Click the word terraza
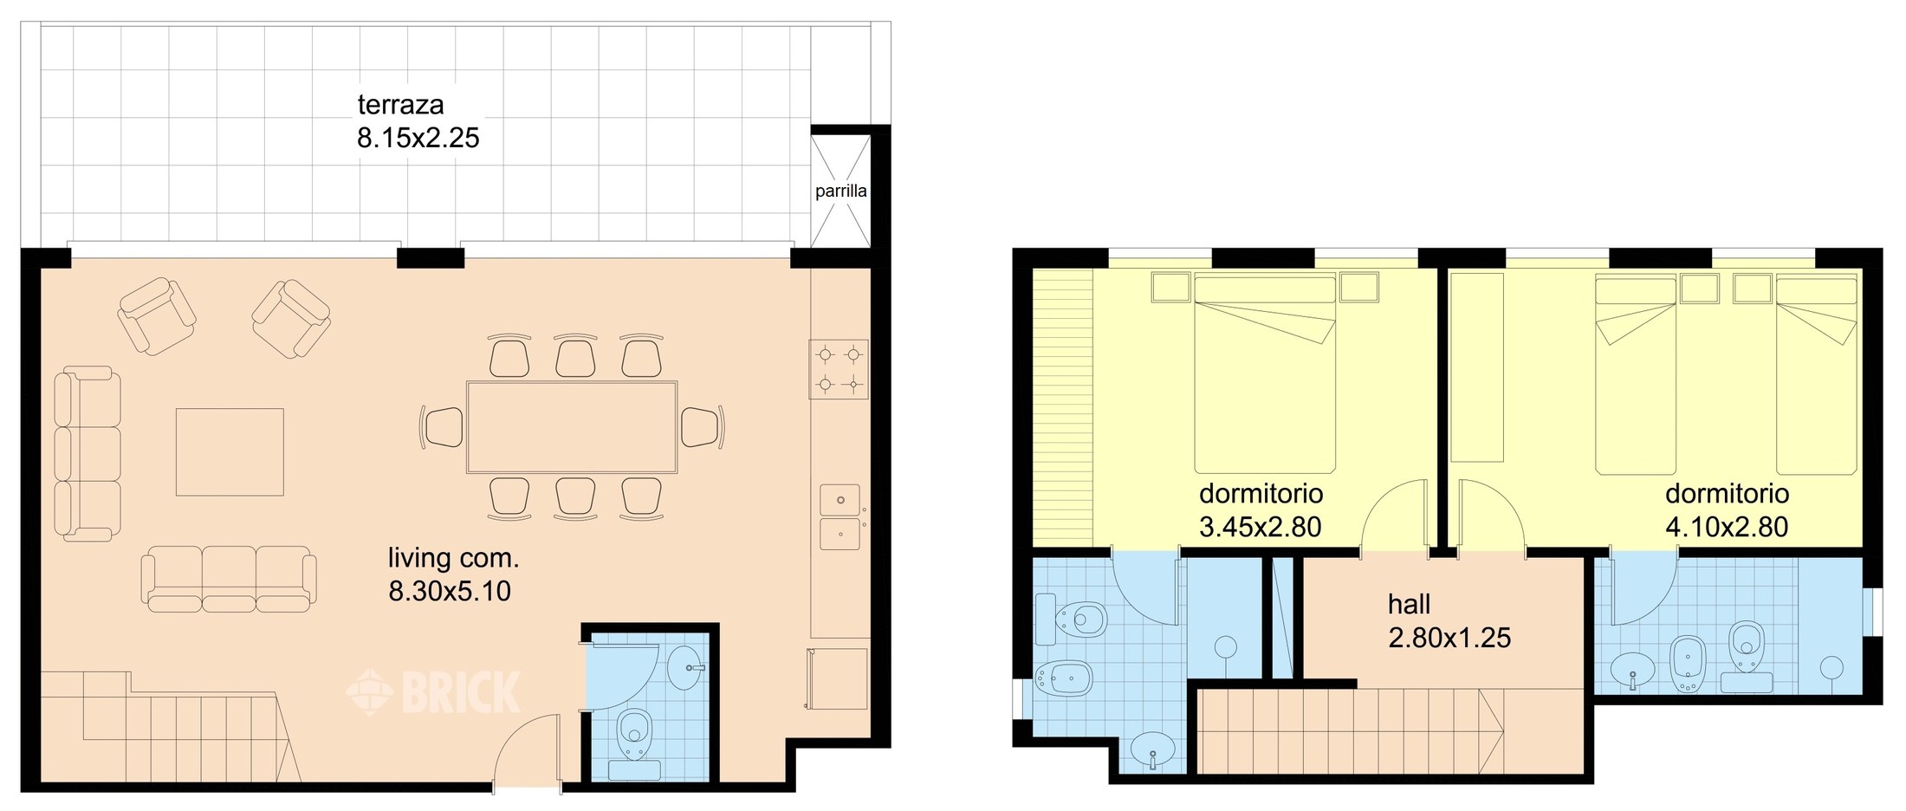coord(400,105)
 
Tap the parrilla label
coord(840,191)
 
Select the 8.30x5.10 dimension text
coord(450,591)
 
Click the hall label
coord(1409,604)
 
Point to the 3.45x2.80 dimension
coord(1260,527)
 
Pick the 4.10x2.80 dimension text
coord(1727,527)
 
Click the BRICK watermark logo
coord(434,691)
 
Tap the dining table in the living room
coord(572,426)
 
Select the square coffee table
coord(230,451)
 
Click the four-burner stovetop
coord(839,368)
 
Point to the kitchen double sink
coord(840,517)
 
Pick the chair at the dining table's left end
coord(443,427)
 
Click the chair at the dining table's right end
coord(701,427)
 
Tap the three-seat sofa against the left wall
coord(87,453)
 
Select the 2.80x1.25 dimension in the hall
coord(1449,638)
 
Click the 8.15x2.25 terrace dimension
coord(418,138)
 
